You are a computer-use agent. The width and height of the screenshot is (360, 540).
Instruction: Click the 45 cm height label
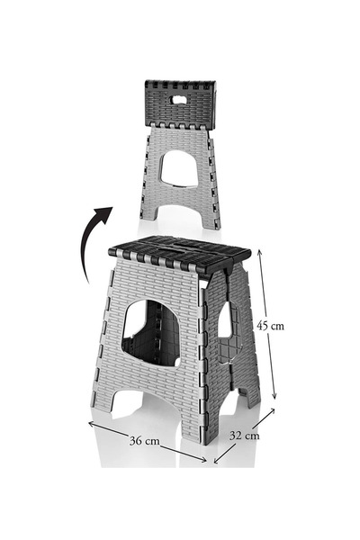(x=270, y=326)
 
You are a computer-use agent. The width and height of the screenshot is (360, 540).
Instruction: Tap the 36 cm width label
(x=144, y=440)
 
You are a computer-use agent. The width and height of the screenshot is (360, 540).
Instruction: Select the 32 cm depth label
(x=244, y=436)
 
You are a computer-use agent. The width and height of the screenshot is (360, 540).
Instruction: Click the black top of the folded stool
(x=180, y=104)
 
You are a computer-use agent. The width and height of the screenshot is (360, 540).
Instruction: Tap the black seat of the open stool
(x=179, y=254)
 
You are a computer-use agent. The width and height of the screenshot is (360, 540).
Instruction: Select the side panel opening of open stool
(x=225, y=319)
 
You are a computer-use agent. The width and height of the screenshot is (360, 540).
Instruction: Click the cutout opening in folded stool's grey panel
(x=179, y=169)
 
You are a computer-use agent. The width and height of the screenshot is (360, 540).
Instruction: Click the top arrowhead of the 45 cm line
(x=260, y=252)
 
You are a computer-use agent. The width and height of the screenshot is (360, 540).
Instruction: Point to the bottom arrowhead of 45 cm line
(x=274, y=396)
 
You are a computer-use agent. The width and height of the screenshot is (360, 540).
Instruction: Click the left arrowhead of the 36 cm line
(x=92, y=424)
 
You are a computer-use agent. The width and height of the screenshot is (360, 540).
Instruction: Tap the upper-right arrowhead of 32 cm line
(x=272, y=411)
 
